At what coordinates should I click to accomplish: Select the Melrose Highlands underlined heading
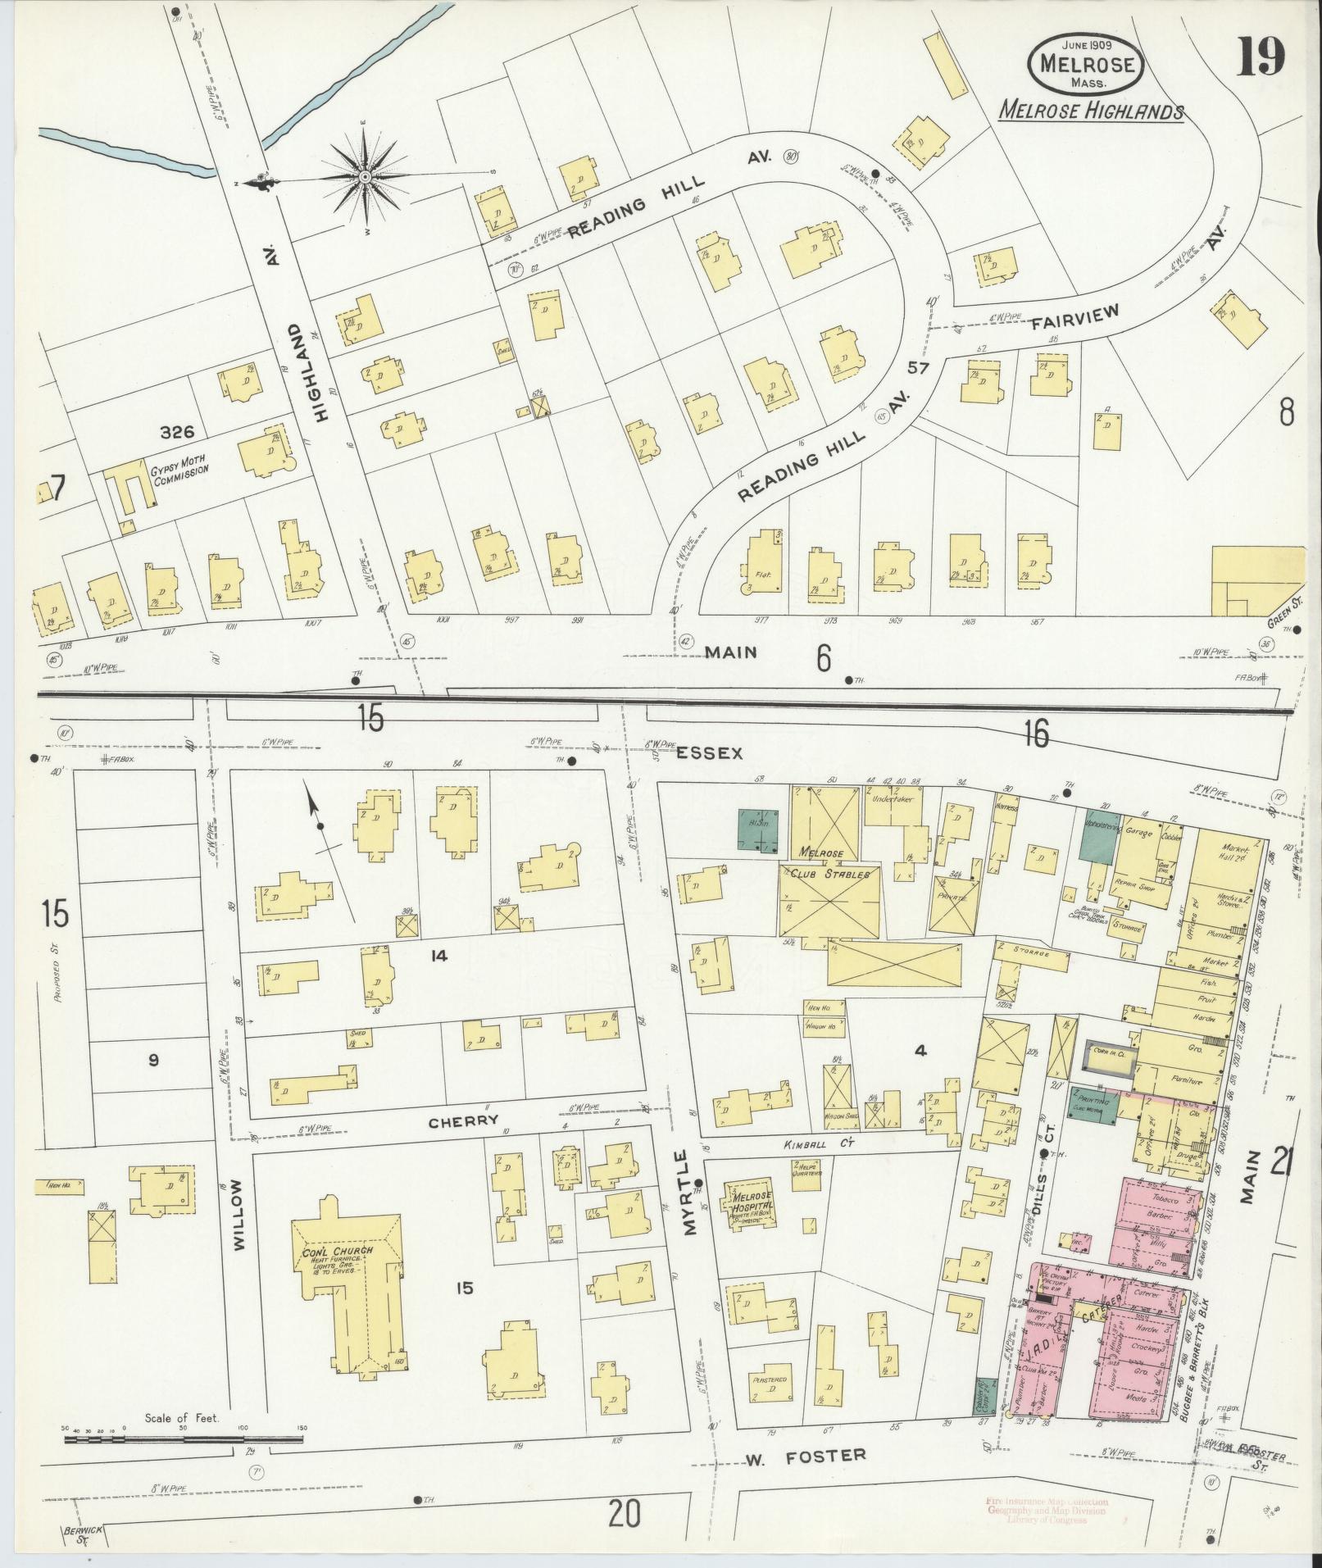1091,111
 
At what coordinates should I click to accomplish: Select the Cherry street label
464,1120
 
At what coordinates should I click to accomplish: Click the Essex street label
709,752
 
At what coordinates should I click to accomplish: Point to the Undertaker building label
892,796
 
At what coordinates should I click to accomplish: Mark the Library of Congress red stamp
1046,1510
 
